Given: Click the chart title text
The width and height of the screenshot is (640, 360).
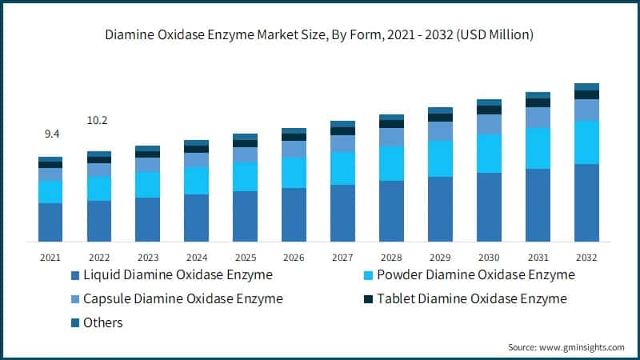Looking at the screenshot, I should click(x=320, y=35).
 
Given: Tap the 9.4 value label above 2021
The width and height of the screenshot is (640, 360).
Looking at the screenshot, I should click(x=50, y=135).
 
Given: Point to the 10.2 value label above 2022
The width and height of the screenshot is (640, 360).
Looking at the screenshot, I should click(x=98, y=121).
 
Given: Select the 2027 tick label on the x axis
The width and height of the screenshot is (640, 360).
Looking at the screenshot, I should click(x=342, y=258).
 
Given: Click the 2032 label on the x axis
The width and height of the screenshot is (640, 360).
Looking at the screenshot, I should click(x=586, y=258).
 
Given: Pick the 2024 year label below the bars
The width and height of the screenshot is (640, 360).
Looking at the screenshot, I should click(x=196, y=258).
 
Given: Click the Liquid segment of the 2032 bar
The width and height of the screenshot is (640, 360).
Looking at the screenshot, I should click(x=586, y=202).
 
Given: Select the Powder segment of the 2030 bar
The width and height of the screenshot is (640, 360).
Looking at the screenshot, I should click(x=489, y=153).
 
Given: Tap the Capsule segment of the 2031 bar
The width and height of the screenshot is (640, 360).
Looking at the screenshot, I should click(x=538, y=118).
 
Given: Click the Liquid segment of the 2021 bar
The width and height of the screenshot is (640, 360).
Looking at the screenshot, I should click(x=50, y=222).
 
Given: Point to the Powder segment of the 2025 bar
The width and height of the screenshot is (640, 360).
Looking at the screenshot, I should click(x=245, y=176).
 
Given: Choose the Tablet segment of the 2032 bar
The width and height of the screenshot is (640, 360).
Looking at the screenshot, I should click(x=586, y=94).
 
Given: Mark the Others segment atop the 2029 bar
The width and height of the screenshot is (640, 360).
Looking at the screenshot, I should click(x=440, y=110).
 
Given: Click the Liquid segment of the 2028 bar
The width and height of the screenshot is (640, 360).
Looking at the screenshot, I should click(x=391, y=210).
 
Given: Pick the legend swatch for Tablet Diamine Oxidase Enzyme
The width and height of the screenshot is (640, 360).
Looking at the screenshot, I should click(x=368, y=300).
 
